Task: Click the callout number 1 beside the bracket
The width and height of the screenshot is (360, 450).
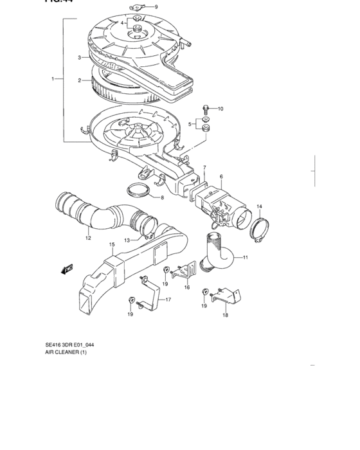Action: pos(54,79)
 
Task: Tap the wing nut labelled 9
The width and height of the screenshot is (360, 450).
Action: pos(136,8)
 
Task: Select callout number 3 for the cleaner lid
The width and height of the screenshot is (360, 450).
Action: pos(79,57)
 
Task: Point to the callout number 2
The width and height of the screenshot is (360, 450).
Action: pos(79,81)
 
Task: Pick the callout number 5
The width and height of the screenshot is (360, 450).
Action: pos(190,123)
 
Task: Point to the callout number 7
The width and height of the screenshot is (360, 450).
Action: pos(204,168)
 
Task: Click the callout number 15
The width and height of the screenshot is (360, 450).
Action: pos(111,245)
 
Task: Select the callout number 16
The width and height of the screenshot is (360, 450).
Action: pos(186,288)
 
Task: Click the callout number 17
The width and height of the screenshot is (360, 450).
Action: pos(168,300)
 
